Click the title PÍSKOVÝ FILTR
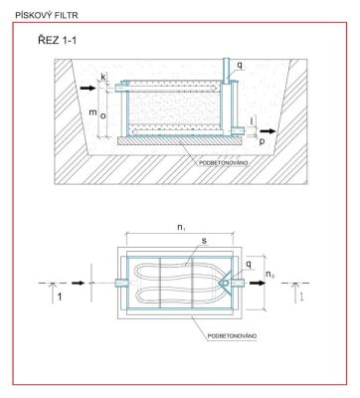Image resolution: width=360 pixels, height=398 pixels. click(47, 15)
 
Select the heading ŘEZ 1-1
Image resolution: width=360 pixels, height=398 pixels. click(57, 41)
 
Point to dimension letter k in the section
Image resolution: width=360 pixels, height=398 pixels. click(103, 77)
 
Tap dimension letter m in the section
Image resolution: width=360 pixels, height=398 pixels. click(92, 112)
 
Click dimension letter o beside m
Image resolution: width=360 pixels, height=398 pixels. click(102, 116)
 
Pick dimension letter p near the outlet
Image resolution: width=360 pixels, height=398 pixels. click(262, 141)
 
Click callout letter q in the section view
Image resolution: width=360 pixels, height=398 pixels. click(240, 66)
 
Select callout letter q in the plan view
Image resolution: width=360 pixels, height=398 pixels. click(249, 265)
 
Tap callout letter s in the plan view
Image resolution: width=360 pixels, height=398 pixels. click(204, 241)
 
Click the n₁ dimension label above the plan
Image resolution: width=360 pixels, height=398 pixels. click(181, 228)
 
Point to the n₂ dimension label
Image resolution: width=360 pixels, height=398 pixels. click(270, 275)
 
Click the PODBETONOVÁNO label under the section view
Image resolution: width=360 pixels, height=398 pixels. click(224, 163)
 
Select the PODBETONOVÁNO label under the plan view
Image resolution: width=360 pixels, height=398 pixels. click(232, 336)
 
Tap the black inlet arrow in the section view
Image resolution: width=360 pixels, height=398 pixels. click(88, 88)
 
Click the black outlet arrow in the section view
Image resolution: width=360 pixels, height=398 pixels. click(269, 131)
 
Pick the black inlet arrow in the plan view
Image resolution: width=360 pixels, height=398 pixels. click(79, 283)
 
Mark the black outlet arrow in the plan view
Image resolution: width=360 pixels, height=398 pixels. click(258, 283)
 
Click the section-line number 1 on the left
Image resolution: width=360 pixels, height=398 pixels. click(60, 297)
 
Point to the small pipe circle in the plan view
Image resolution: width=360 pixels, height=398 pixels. click(225, 284)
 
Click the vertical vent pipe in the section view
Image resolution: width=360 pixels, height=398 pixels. click(226, 71)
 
